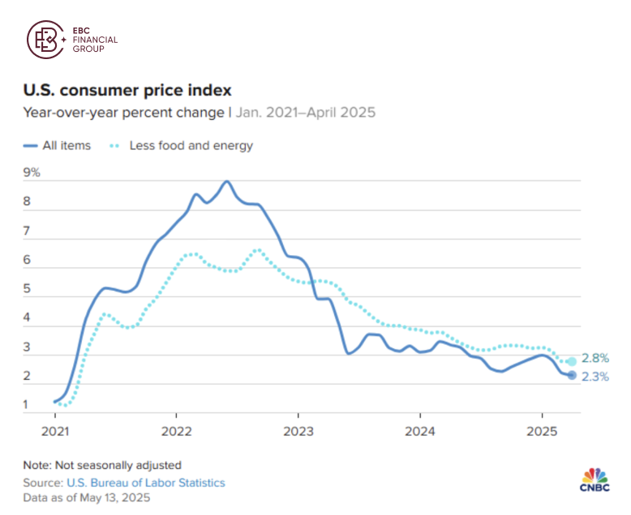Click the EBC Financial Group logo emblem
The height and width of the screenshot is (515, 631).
tap(47, 39)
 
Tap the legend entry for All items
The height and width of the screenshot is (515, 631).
tap(57, 146)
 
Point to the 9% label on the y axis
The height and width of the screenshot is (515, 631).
tap(32, 173)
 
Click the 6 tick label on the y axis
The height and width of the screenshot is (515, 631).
tap(28, 261)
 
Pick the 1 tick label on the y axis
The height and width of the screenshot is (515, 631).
tap(28, 405)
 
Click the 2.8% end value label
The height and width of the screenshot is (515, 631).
tap(595, 359)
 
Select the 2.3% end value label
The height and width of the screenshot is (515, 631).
tap(595, 377)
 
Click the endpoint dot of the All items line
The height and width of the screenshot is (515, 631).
tap(571, 375)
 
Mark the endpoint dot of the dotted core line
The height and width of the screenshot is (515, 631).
tap(571, 361)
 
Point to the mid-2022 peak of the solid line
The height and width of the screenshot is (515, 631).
tap(226, 181)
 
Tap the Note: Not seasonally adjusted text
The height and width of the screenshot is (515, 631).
tap(102, 465)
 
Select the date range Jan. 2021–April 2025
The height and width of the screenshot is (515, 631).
tap(306, 113)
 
